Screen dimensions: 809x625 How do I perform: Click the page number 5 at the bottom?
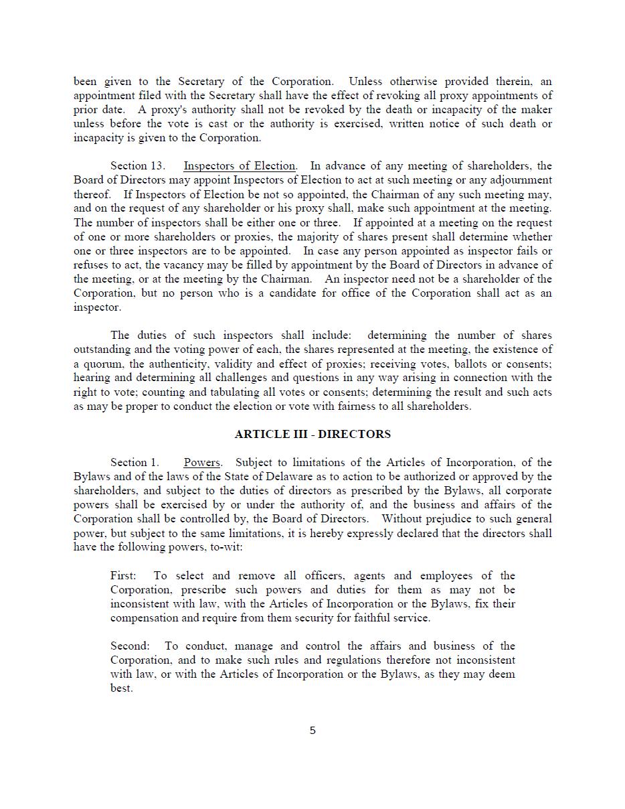tap(312, 731)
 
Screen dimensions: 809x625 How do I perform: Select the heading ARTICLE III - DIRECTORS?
tap(312, 434)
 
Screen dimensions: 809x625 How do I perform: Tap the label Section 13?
tap(138, 166)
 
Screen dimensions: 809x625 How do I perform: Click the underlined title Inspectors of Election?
tap(240, 166)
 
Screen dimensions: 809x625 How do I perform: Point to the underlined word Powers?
tap(202, 463)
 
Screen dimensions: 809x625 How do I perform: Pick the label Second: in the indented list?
tap(130, 646)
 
